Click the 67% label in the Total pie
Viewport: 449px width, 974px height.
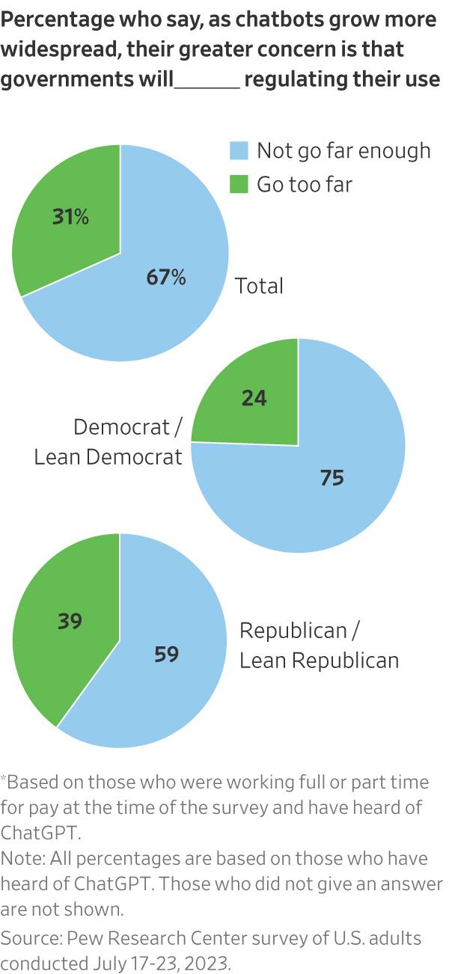166,278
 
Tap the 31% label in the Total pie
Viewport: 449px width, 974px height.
70,218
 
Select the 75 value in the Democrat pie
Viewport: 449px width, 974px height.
332,478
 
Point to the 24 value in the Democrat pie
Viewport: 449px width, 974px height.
254,398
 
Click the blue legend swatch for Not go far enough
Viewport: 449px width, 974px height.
238,151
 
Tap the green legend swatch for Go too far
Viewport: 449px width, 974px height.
238,184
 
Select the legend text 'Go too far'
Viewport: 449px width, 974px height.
304,184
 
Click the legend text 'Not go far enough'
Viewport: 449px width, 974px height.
343,151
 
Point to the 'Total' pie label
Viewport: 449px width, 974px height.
260,286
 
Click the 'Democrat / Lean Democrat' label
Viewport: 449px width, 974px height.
109,441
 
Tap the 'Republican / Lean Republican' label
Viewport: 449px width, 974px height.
319,645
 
